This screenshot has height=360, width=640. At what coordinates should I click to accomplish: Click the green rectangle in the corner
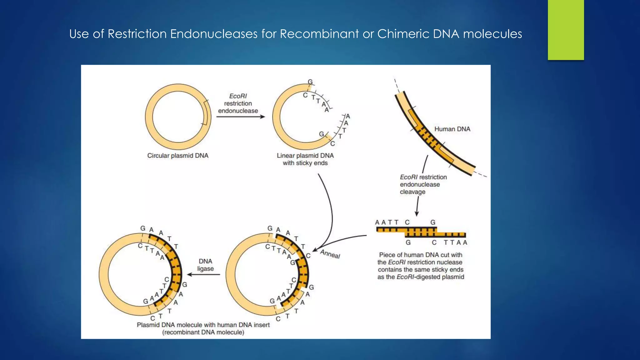click(566, 30)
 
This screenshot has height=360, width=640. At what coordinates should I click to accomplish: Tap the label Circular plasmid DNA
click(177, 156)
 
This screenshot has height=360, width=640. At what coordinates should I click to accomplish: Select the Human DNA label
click(452, 129)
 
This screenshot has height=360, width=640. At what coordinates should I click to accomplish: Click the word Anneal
click(330, 254)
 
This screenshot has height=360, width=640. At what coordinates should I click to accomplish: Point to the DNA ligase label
click(205, 265)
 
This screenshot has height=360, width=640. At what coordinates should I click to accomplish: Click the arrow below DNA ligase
click(203, 275)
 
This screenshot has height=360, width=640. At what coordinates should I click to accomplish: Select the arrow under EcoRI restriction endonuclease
click(240, 117)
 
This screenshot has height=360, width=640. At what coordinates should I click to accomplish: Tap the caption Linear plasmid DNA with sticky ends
click(305, 159)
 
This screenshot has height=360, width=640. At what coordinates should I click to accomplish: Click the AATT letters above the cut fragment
click(387, 222)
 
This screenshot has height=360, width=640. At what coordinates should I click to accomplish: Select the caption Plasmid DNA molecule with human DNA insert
click(203, 325)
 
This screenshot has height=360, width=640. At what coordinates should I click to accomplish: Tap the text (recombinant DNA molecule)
click(203, 332)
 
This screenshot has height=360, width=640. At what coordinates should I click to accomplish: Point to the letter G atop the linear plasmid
click(310, 82)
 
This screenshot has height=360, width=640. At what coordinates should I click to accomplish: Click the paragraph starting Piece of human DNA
click(421, 266)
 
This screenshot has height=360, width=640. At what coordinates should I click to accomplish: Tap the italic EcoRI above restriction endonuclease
click(238, 96)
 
